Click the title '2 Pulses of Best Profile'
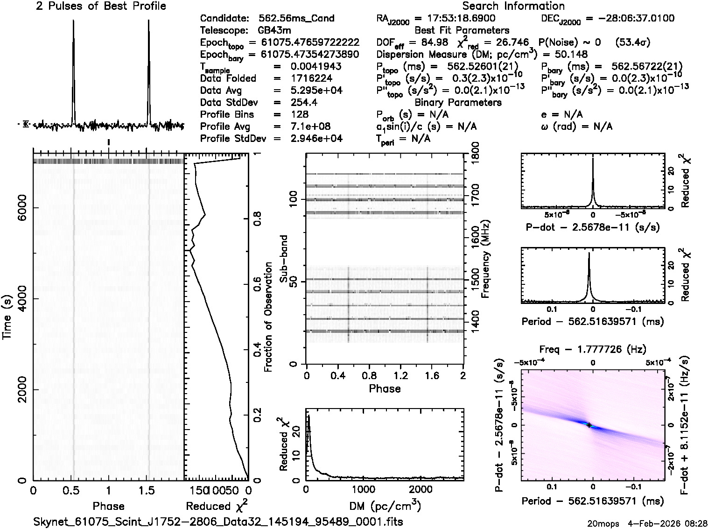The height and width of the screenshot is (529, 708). coord(101,6)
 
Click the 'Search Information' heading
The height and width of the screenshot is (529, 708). coord(513,6)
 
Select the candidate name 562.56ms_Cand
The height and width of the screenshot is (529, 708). coord(296,18)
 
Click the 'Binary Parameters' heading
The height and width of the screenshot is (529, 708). coord(458,102)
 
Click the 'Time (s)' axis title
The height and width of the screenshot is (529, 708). coord(7,317)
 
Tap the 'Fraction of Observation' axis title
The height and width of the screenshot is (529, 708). coord(268,317)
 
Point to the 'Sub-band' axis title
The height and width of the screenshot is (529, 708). coord(283,259)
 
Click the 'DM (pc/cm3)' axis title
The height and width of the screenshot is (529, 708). coord(385,506)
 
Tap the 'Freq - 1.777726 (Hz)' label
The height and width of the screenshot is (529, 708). coord(592,349)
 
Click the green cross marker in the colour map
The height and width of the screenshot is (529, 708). coord(589,425)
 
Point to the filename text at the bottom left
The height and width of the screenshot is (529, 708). coord(218,522)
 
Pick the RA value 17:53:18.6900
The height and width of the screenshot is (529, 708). coord(455,18)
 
